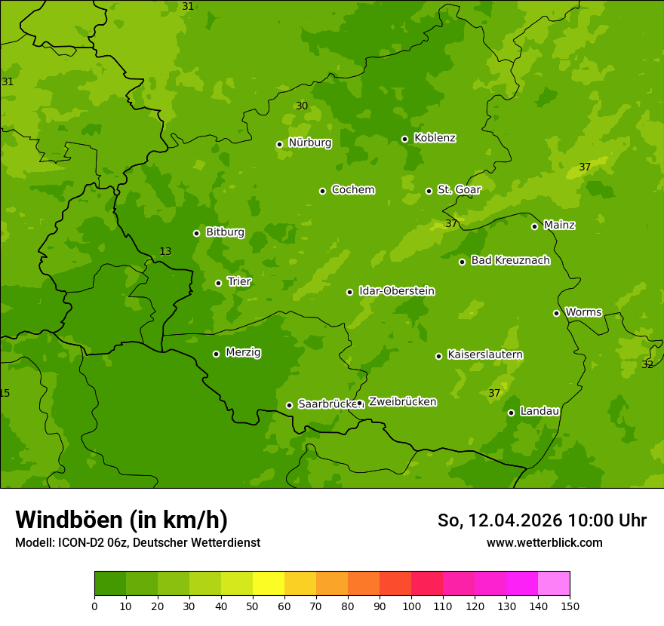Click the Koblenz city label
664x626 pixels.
435,138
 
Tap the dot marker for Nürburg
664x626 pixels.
279,144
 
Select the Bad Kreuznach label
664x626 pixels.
510,260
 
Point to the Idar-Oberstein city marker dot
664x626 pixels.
349,292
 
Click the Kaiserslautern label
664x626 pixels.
485,354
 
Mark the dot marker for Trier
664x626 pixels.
219,283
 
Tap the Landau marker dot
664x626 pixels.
511,413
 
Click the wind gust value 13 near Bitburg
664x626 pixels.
165,251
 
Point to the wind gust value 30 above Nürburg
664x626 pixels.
302,106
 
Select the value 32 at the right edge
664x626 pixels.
647,364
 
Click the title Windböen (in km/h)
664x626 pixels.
121,520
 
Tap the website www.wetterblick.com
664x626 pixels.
544,542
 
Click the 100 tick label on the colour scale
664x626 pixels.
411,606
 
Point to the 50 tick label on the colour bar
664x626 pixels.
253,606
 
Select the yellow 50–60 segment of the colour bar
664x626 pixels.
269,584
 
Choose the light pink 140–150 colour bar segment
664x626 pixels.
554,584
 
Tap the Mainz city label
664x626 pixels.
559,225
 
